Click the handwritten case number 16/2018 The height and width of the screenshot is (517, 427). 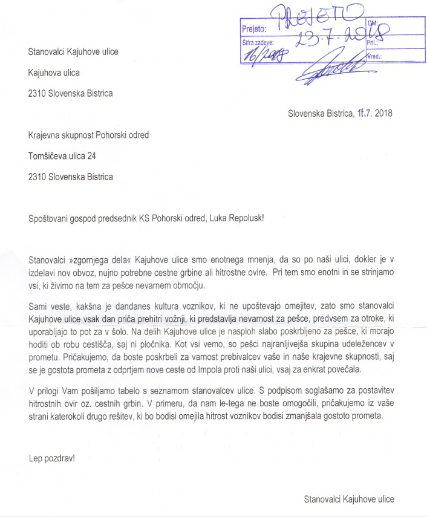[264, 56]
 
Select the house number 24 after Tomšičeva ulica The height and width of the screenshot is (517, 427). [90, 155]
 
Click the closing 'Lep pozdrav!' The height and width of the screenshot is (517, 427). [52, 458]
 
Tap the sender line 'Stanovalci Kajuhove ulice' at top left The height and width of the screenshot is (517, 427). [73, 51]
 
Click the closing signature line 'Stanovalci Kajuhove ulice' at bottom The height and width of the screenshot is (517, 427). [349, 499]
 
